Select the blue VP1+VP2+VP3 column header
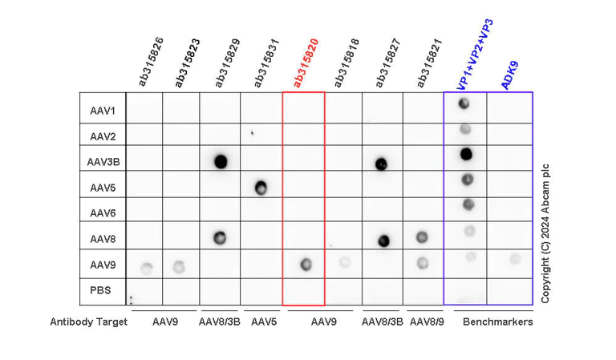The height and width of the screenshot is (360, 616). (474, 53)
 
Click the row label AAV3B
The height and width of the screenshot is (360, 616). (103, 161)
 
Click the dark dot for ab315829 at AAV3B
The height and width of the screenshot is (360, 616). (221, 161)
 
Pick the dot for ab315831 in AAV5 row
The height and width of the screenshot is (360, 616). (261, 188)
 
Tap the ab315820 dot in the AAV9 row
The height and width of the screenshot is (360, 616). (304, 265)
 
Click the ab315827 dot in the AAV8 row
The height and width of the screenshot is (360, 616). (383, 240)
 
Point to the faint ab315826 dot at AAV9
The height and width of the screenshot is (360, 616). (146, 268)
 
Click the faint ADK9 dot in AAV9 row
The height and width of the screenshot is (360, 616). (514, 258)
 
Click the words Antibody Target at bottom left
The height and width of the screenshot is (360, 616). (88, 322)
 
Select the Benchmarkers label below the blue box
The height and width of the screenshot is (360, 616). (498, 322)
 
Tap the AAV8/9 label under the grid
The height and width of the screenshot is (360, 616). (424, 322)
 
